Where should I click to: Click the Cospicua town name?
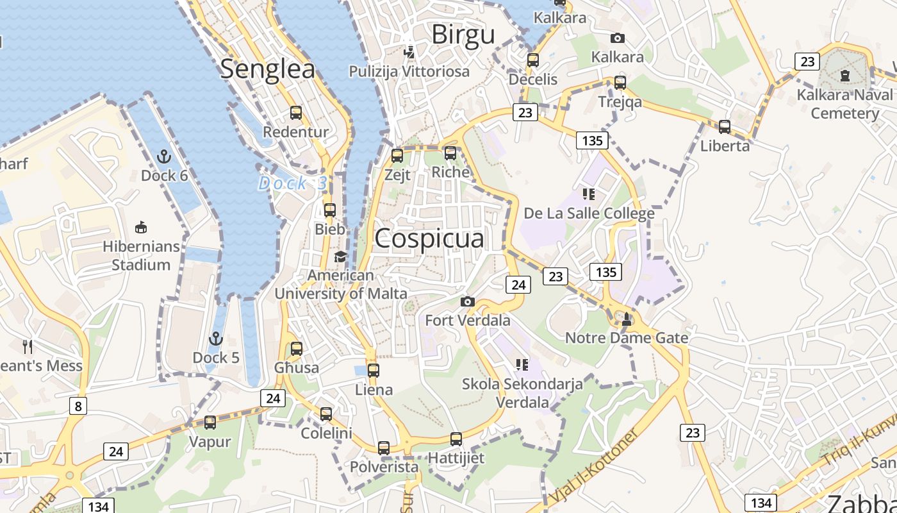tap(429, 239)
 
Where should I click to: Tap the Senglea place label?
tap(268, 69)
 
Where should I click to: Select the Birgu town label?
tap(463, 35)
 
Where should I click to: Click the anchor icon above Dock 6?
tap(165, 156)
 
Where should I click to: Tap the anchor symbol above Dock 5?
tap(216, 338)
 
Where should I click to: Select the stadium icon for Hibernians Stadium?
tap(141, 227)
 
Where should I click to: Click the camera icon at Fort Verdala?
tap(468, 301)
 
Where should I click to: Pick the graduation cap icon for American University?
tap(340, 257)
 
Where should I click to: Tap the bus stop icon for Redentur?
tap(296, 113)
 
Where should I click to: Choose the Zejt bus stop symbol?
tap(397, 155)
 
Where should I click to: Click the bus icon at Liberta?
tap(725, 127)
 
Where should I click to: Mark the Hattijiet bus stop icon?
tap(456, 439)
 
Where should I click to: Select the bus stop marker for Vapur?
tap(210, 423)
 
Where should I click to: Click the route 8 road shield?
tap(78, 405)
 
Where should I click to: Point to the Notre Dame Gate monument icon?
tap(627, 318)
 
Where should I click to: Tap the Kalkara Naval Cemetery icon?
tap(844, 76)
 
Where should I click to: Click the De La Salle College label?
tap(589, 213)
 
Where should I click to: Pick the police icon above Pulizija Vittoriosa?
tap(409, 52)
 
